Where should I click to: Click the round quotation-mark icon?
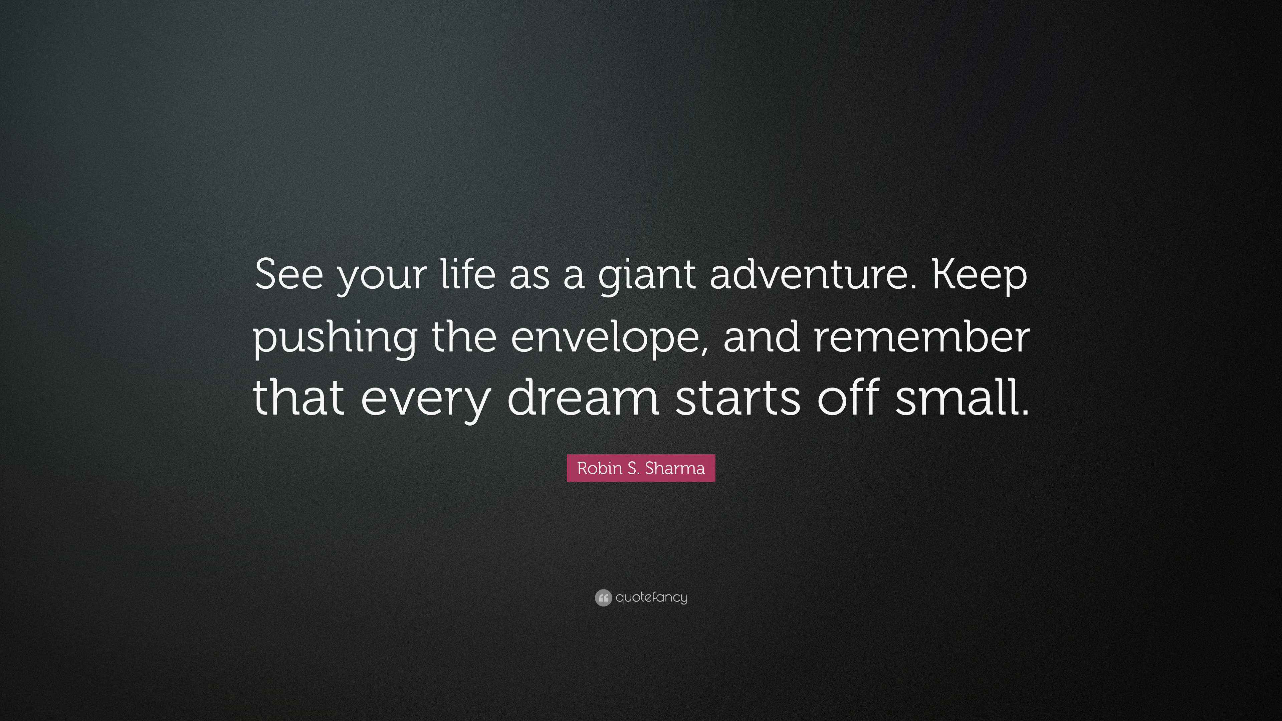tap(603, 597)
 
